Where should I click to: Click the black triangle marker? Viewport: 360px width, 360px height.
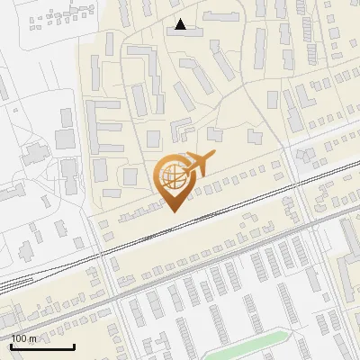click(181, 24)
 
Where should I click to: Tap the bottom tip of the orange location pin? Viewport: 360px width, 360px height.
click(173, 211)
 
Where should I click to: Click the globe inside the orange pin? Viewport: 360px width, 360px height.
click(173, 178)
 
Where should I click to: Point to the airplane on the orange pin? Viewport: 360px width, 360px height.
click(197, 165)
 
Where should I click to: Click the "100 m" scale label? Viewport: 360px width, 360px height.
click(23, 338)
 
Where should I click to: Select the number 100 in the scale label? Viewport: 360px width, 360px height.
click(19, 338)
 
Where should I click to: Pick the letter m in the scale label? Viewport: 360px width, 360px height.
click(31, 338)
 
